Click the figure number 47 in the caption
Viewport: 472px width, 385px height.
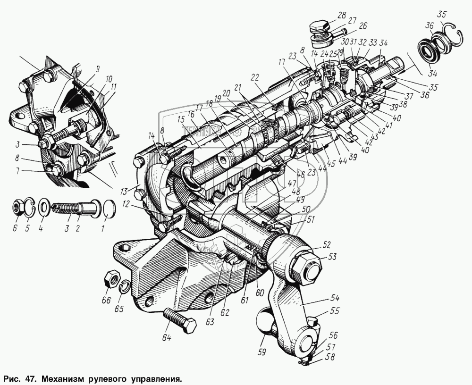tap(30, 378)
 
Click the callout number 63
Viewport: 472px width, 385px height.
tap(209, 322)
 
